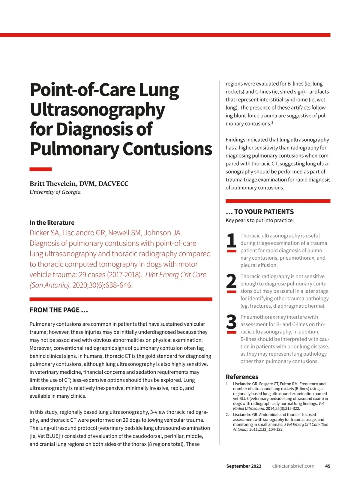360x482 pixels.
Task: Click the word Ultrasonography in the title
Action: (97, 110)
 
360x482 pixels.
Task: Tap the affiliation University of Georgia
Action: (55, 192)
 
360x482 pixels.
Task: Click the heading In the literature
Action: (52, 223)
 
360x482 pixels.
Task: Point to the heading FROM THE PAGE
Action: (58, 310)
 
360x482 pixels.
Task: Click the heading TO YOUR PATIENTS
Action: (260, 212)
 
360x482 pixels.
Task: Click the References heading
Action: (242, 377)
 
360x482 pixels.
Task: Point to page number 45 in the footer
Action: (328, 466)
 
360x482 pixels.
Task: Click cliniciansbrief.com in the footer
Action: (293, 466)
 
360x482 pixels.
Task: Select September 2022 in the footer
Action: (244, 466)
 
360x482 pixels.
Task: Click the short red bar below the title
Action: (40, 169)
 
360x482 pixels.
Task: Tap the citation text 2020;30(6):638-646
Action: (102, 285)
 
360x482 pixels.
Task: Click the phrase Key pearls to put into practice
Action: (259, 220)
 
